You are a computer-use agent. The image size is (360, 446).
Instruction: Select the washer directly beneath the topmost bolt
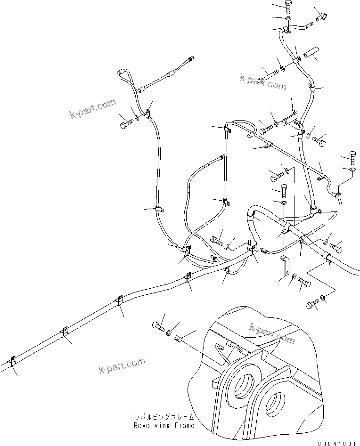[287, 18]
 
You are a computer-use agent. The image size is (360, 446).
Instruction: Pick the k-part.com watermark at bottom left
[122, 365]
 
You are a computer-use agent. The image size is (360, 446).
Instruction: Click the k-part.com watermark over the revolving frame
[272, 332]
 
